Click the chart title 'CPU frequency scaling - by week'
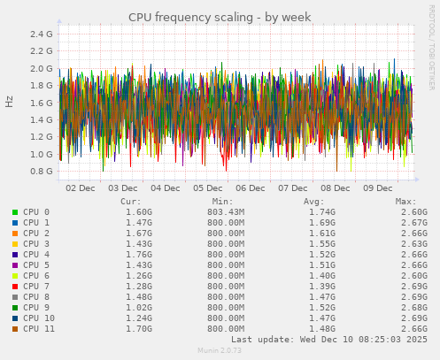point(220,17)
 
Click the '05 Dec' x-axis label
point(208,188)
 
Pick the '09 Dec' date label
point(378,188)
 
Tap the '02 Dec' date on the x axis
point(81,188)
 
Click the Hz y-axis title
point(10,102)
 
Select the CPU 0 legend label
point(37,212)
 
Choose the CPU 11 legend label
point(40,329)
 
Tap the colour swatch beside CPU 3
point(14,244)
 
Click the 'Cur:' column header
point(130,202)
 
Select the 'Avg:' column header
point(315,202)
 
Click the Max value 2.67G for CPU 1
point(413,223)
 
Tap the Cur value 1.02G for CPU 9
point(138,308)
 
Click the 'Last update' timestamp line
point(328,340)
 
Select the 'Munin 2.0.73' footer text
point(220,351)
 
